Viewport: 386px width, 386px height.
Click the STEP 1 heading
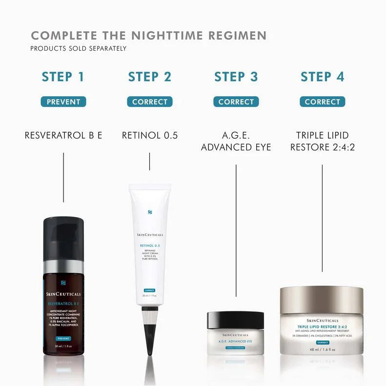click(x=63, y=77)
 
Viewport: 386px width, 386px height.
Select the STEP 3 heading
click(x=236, y=77)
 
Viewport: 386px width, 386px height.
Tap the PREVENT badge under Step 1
click(x=63, y=102)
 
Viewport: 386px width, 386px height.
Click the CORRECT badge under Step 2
click(x=150, y=102)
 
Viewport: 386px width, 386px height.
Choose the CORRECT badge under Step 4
click(x=322, y=102)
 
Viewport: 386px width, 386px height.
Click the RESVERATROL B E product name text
click(x=63, y=135)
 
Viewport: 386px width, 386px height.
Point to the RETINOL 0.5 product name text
click(x=150, y=135)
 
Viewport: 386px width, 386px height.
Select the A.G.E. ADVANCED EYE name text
click(x=236, y=141)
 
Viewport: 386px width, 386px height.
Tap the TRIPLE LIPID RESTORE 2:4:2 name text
click(x=322, y=141)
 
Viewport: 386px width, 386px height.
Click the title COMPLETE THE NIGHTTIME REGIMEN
click(x=149, y=36)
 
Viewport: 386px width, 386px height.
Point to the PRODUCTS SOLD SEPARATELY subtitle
click(x=79, y=49)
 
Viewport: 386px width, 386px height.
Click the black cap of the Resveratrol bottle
click(x=63, y=239)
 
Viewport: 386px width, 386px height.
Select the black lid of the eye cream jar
click(x=236, y=320)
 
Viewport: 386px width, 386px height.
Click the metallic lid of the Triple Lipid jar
click(x=322, y=299)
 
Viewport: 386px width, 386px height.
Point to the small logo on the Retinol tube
click(x=150, y=212)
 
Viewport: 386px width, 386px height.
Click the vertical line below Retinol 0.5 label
click(x=150, y=162)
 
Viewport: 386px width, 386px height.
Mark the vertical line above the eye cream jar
click(x=236, y=229)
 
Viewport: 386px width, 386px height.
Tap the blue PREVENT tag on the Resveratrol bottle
click(x=63, y=338)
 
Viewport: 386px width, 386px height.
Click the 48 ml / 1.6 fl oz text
click(x=322, y=349)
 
